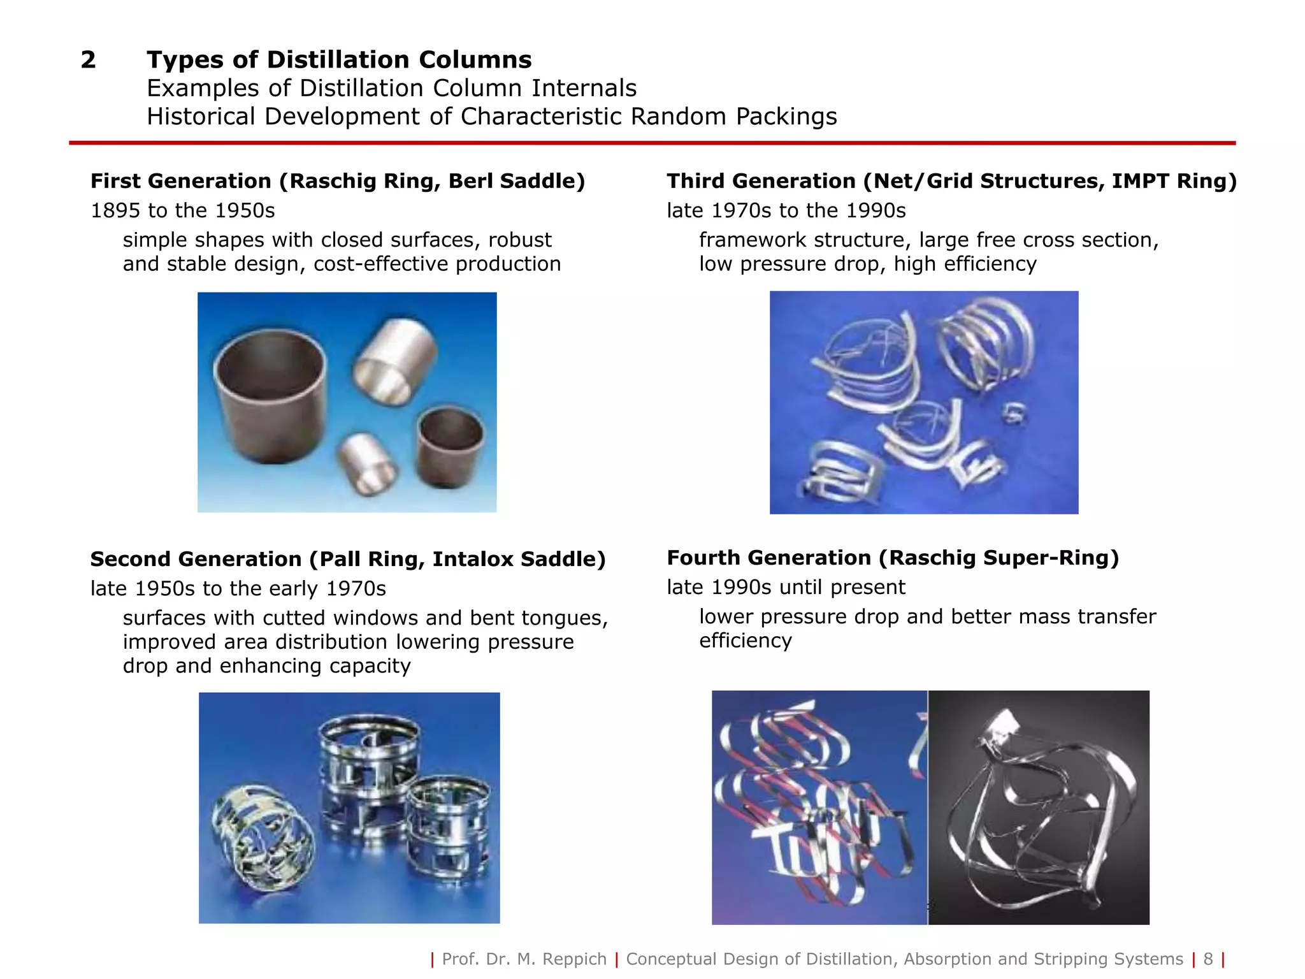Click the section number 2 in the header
click(x=88, y=60)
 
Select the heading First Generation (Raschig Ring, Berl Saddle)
click(x=338, y=181)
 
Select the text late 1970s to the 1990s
click(x=786, y=210)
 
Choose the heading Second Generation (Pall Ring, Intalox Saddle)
click(x=348, y=559)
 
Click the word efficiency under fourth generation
click(x=745, y=641)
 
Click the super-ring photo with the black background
click(x=1039, y=807)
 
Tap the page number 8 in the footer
click(x=1208, y=959)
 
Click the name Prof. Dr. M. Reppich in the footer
click(x=524, y=959)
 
